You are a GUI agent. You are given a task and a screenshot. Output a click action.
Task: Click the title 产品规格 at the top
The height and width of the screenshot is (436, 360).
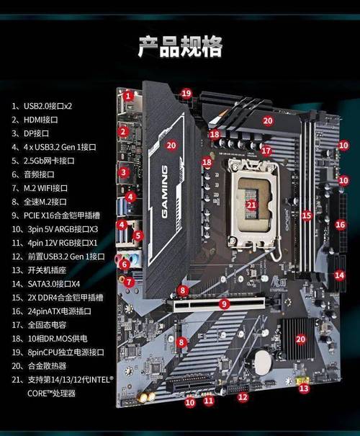180,45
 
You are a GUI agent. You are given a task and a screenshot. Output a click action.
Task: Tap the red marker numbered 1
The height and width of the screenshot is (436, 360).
127,95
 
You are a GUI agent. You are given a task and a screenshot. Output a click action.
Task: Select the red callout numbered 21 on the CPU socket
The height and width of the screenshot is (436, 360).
251,204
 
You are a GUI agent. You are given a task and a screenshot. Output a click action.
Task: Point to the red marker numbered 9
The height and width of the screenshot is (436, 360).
225,305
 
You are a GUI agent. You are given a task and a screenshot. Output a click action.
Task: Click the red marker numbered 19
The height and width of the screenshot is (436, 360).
186,94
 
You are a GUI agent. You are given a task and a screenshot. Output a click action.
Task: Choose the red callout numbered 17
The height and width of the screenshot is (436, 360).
266,151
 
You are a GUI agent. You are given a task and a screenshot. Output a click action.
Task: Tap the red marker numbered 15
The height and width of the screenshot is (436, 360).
307,215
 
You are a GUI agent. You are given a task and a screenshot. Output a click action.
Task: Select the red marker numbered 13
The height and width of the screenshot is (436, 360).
304,388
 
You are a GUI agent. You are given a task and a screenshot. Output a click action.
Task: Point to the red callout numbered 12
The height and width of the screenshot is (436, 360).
243,396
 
